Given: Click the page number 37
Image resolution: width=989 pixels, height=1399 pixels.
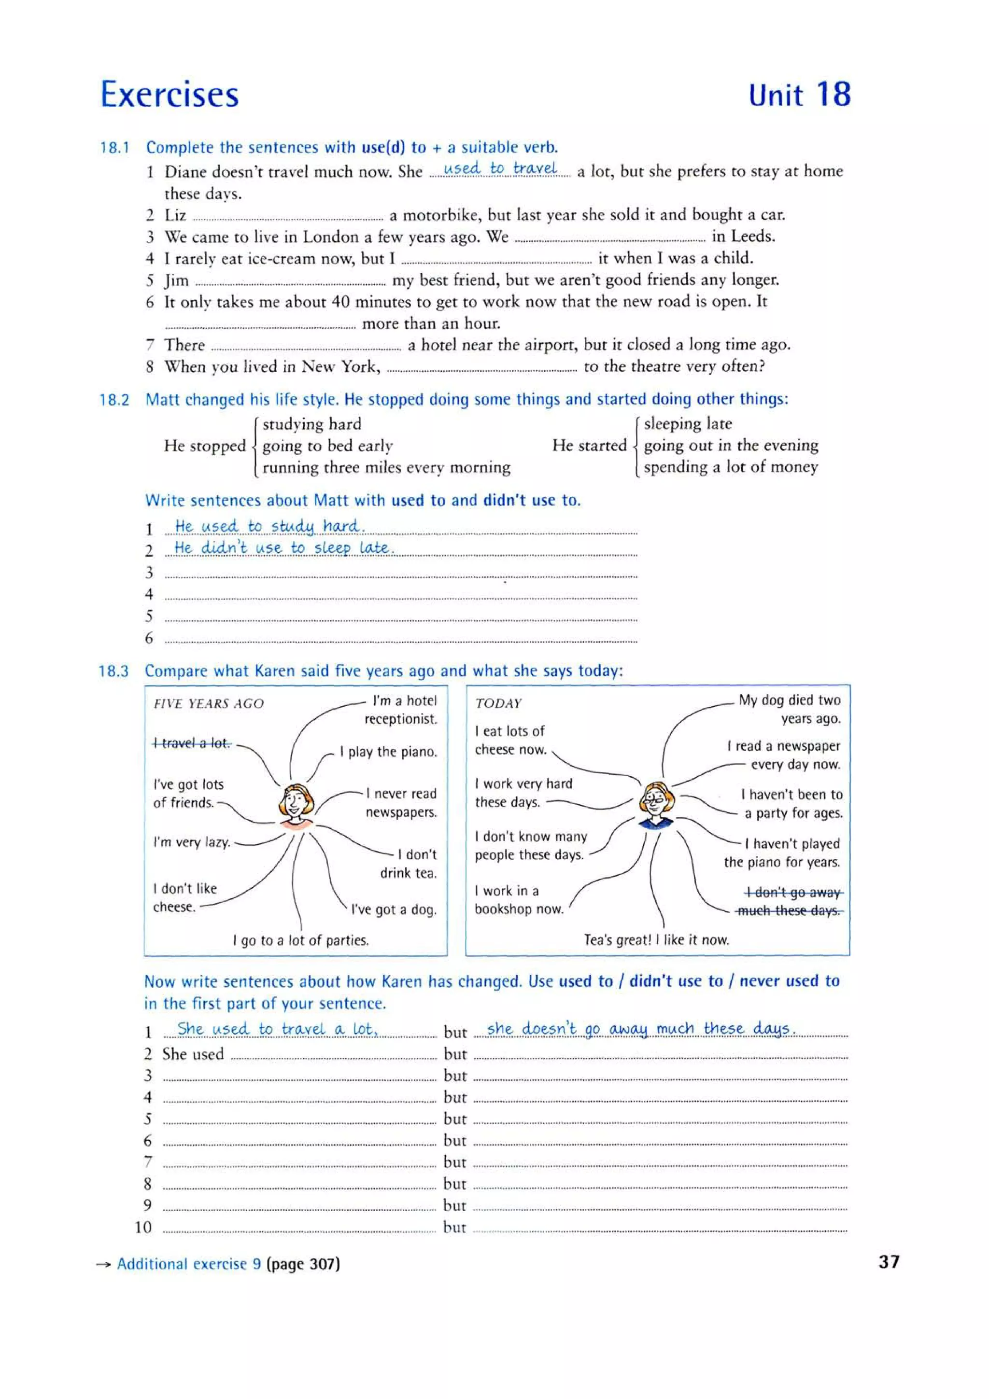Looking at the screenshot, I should coord(889,1261).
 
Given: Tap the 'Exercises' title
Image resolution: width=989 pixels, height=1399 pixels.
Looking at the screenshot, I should coord(170,95).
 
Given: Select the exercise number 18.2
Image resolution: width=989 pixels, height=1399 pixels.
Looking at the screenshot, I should coord(114,400).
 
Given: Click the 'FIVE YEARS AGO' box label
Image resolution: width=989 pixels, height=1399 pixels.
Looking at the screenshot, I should coord(209,704).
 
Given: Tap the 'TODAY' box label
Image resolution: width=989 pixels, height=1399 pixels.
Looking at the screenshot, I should coord(498,703).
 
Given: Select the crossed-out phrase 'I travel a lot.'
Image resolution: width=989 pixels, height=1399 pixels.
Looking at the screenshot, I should coord(192,743).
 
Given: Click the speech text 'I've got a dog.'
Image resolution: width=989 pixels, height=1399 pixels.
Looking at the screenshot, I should coord(394,909).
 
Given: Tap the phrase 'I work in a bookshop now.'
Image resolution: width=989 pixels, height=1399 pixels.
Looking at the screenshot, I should coord(518,900).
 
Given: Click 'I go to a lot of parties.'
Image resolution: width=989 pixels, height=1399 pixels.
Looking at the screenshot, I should coord(300,940).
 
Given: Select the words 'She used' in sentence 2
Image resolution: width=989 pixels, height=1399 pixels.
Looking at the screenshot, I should coord(193,1054).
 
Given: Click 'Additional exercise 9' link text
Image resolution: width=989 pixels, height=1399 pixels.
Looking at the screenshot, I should coord(189,1264).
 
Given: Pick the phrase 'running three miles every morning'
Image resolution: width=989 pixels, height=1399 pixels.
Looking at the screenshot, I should coord(386,467).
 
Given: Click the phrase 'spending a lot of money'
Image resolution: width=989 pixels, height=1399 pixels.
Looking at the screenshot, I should coord(730,467).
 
